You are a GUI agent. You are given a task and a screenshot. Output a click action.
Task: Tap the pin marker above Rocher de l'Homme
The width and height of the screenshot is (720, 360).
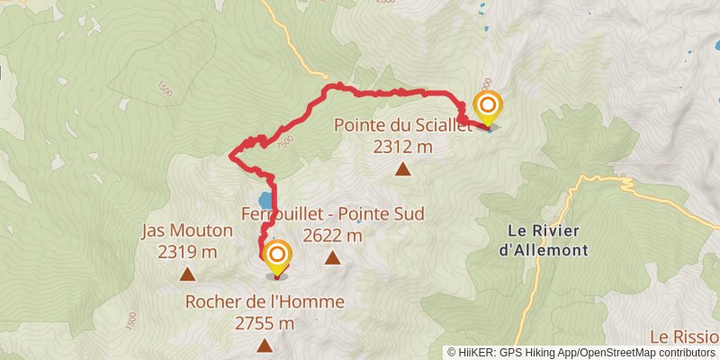click(x=275, y=257)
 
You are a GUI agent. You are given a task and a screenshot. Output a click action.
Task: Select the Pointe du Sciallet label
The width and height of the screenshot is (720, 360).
click(x=402, y=126)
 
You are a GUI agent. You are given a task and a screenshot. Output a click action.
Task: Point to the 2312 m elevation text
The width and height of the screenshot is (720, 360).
click(x=402, y=147)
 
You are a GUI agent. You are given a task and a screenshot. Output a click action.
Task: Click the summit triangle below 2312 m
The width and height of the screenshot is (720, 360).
click(x=402, y=168)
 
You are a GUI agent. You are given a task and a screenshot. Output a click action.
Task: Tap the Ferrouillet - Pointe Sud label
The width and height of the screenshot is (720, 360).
click(x=332, y=215)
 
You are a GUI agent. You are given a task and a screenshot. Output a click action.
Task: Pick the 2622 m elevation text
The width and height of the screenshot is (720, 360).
click(x=332, y=236)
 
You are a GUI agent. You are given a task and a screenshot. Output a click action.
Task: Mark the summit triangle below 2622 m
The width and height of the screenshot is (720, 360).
click(x=332, y=258)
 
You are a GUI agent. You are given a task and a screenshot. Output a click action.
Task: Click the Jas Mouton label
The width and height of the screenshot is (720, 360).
click(x=187, y=231)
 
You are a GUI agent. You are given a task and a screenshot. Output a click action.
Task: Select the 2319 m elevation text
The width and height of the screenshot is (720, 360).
click(x=187, y=252)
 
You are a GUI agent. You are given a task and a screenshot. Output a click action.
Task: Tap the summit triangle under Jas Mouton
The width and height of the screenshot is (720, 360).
click(x=187, y=274)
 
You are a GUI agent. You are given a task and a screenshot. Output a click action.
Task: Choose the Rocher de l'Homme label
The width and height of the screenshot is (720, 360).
click(x=265, y=302)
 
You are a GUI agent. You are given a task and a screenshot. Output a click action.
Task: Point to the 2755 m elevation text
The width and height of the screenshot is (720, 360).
click(x=265, y=323)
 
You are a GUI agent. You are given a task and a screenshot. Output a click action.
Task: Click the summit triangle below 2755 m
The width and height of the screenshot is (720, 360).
click(x=265, y=346)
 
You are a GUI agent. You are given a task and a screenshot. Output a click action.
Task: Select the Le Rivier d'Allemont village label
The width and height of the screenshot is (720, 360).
click(x=542, y=239)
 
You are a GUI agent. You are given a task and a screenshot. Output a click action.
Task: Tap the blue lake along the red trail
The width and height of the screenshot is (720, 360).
click(x=263, y=200)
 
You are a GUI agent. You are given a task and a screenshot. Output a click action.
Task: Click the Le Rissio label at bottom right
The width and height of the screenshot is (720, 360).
click(x=683, y=337)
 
